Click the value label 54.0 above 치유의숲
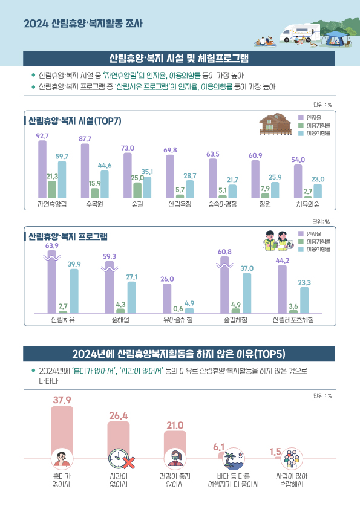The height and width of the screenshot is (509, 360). tap(298, 160)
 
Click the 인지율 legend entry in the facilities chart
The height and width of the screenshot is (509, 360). tap(313, 117)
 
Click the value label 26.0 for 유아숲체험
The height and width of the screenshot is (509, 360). tap(168, 279)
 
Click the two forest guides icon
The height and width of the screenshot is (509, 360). tap(277, 241)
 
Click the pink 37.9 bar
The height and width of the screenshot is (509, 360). tap(62, 429)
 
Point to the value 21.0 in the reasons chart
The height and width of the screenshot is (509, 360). tap(175, 426)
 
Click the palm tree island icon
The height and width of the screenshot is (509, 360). tap(232, 459)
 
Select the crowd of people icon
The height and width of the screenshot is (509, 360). tap(291, 459)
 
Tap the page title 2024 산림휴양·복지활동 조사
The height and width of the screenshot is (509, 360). tap(83, 25)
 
